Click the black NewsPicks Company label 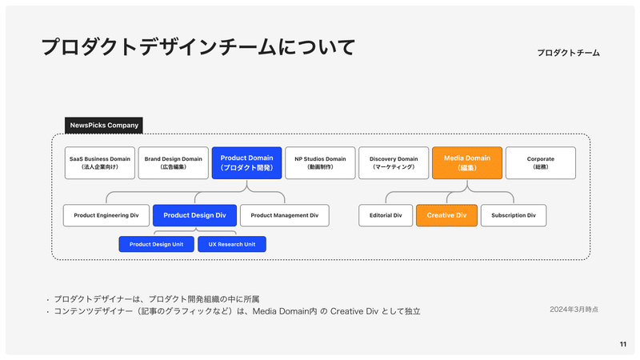[x=104, y=126]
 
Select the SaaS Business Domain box [x=99, y=163]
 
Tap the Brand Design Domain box [x=173, y=163]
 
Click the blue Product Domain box [x=246, y=163]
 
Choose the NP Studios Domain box [x=320, y=163]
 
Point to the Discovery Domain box [x=394, y=163]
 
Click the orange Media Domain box [x=467, y=163]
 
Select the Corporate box [x=541, y=163]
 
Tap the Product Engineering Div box [x=106, y=215]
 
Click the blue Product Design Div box [x=194, y=215]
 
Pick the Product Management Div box [x=285, y=215]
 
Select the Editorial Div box [x=386, y=215]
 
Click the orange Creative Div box [x=446, y=215]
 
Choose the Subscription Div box [x=514, y=215]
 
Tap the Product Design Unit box [x=156, y=244]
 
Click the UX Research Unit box [x=232, y=244]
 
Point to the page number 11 [x=623, y=344]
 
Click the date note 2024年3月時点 [x=574, y=310]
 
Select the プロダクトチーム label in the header [x=568, y=53]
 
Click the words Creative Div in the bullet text [x=354, y=311]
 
